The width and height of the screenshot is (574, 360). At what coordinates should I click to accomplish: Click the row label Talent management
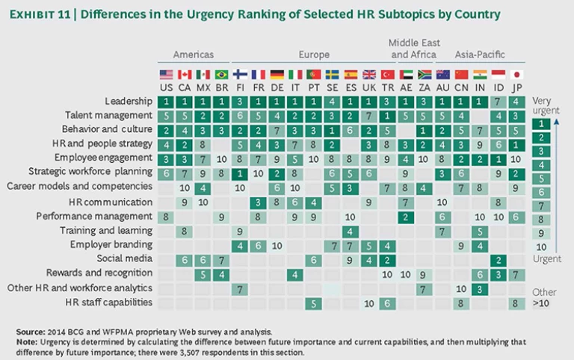(111, 115)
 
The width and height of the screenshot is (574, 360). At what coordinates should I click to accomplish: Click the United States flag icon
(166, 75)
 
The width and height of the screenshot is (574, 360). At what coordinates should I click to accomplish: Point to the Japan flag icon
(516, 75)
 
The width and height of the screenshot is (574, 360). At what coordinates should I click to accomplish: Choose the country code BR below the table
(221, 87)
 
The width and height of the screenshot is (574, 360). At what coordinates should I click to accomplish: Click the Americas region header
(193, 55)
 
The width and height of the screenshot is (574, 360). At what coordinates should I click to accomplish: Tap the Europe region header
(314, 55)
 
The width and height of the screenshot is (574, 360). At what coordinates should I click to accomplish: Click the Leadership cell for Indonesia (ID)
(498, 101)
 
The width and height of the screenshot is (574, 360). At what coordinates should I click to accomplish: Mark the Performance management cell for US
(166, 217)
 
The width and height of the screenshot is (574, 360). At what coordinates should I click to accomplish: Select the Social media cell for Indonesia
(498, 259)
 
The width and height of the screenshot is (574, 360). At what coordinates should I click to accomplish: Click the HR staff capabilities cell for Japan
(516, 302)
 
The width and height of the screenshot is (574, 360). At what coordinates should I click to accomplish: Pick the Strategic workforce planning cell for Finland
(240, 173)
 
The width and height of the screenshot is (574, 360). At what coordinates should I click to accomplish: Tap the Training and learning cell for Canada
(184, 231)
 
